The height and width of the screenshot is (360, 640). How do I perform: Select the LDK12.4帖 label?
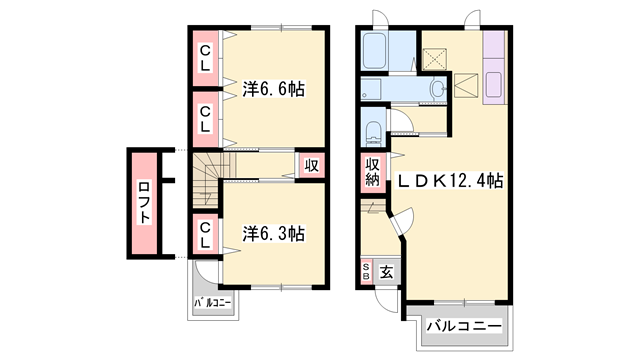(451, 182)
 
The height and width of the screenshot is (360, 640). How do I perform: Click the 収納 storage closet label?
(372, 172)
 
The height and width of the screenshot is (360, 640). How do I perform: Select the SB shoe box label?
(366, 271)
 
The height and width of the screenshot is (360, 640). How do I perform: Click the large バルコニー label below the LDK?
(462, 326)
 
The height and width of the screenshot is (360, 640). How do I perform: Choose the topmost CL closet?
(204, 58)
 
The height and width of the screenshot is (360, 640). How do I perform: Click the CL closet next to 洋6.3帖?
(204, 235)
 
